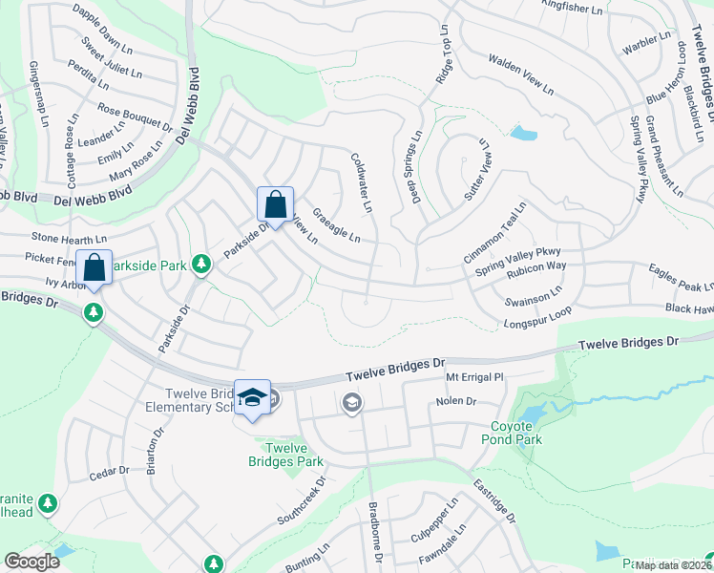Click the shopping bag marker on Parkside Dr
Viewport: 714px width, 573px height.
point(275,205)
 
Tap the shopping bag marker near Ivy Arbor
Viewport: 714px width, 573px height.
point(95,269)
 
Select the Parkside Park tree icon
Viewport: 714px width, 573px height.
point(200,263)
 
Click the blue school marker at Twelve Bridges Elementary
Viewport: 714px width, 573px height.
point(252,399)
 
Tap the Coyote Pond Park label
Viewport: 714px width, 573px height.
point(516,433)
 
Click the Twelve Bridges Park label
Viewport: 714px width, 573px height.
point(291,455)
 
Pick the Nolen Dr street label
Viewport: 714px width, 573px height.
point(455,401)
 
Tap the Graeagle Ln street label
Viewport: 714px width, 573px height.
point(337,225)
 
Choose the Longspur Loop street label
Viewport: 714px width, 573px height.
point(537,320)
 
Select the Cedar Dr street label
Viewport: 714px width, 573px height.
point(108,472)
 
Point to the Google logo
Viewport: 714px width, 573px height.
point(32,561)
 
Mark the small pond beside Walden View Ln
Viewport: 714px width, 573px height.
point(523,133)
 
